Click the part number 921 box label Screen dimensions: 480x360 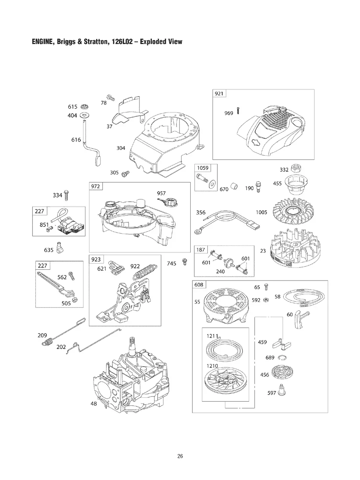pyautogui.click(x=219, y=93)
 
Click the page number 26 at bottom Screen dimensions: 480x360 pyautogui.click(x=180, y=456)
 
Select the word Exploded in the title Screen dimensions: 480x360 pyautogui.click(x=147, y=41)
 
